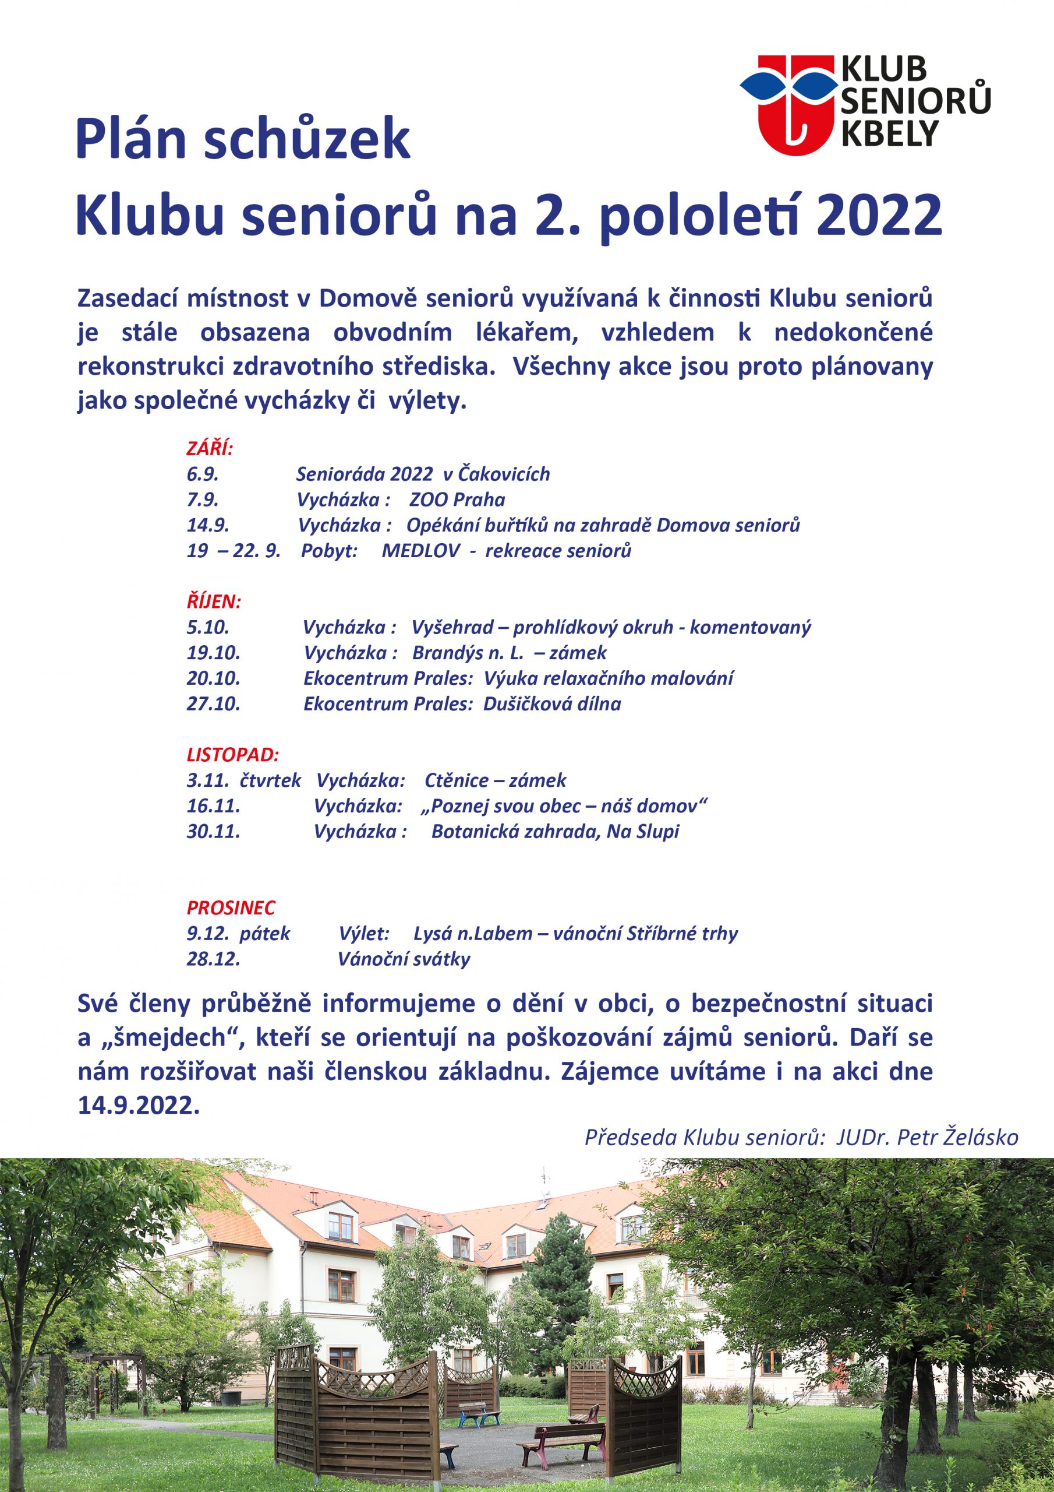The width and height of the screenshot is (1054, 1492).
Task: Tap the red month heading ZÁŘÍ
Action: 209,448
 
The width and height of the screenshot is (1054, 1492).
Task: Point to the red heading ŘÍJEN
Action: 214,601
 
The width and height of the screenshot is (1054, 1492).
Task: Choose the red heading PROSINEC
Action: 231,908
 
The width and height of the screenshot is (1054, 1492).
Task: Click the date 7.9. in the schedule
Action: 203,499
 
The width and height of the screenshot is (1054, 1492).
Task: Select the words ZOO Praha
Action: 457,499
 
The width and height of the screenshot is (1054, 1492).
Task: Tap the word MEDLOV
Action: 420,551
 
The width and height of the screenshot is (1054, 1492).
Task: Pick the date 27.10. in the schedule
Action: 213,704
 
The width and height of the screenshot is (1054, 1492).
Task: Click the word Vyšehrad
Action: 452,628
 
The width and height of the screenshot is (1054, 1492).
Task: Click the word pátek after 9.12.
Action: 265,934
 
